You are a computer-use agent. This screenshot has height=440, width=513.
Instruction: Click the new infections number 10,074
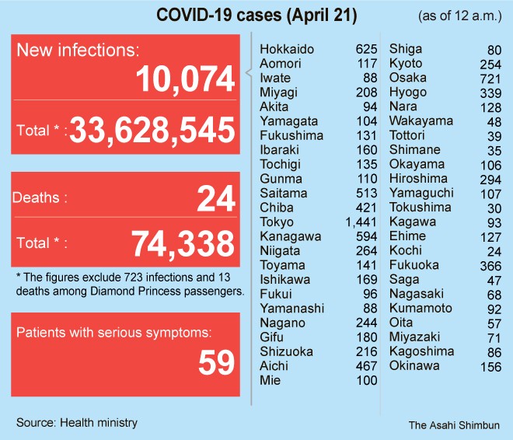coord(186,79)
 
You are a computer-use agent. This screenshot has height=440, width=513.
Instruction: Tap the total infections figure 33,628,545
coord(152,131)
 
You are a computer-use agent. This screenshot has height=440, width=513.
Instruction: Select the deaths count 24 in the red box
coord(215,198)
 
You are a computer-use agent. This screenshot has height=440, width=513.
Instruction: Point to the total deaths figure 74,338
coord(183,244)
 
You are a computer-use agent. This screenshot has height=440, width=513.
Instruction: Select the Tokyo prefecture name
coord(276,222)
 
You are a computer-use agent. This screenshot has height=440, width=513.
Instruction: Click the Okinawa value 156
coord(491,366)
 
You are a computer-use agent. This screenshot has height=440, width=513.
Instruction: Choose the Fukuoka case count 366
coord(491,265)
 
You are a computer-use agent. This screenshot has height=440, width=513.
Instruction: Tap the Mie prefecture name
coord(270,380)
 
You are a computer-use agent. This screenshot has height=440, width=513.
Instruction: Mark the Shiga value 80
coord(494,49)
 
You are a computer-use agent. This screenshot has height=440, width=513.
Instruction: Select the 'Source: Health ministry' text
coord(77,422)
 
